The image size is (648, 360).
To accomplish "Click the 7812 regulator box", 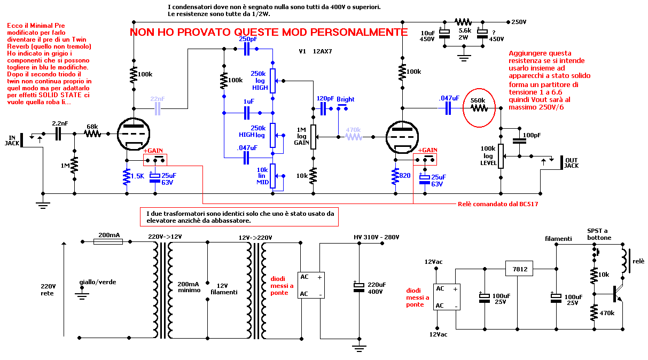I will pyautogui.click(x=520, y=269).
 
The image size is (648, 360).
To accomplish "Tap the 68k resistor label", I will pyautogui.click(x=92, y=127).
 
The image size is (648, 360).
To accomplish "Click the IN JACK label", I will pyautogui.click(x=12, y=140).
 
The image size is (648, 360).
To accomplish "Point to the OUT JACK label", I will pyautogui.click(x=571, y=162).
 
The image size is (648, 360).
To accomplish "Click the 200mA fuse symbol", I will pyautogui.click(x=108, y=242).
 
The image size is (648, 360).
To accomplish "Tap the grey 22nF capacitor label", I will pyautogui.click(x=158, y=99).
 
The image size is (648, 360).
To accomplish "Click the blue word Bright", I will pyautogui.click(x=345, y=99).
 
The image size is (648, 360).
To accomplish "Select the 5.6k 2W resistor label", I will pyautogui.click(x=464, y=34).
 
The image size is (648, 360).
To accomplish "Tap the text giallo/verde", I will pyautogui.click(x=97, y=281).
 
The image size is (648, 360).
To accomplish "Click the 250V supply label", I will pyautogui.click(x=519, y=22).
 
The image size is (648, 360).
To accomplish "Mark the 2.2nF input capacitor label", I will pyautogui.click(x=60, y=123).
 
